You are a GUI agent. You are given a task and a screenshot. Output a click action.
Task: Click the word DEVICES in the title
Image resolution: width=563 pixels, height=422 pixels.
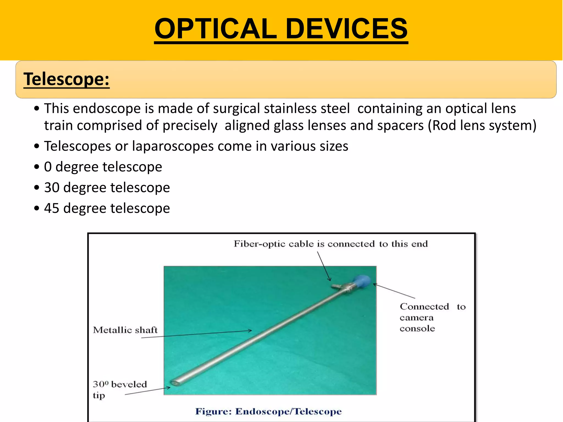(x=347, y=29)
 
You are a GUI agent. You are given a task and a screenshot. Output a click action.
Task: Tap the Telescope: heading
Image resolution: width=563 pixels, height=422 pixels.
(x=67, y=79)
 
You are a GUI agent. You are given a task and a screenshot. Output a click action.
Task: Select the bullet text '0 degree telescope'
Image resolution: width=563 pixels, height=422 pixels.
(x=103, y=167)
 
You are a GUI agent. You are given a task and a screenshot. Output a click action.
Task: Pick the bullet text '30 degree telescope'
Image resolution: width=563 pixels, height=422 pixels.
(x=107, y=188)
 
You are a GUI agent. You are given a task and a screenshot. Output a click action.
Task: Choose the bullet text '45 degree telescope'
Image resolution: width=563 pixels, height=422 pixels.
(x=107, y=208)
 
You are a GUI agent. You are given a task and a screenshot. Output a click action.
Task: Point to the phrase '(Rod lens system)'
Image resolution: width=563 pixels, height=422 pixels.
(x=482, y=126)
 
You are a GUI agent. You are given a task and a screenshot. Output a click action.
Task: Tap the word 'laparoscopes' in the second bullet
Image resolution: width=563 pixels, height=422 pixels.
(x=173, y=146)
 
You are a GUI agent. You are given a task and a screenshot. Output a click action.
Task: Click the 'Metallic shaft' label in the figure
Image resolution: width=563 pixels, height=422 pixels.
(x=125, y=330)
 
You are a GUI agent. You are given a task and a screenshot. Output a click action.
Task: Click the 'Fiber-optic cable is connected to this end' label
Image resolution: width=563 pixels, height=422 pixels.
(x=331, y=244)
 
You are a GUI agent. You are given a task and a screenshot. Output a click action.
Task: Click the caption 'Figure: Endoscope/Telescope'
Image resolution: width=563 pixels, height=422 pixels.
(x=268, y=412)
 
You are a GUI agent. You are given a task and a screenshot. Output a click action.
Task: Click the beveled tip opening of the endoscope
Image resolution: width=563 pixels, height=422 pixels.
(x=175, y=383)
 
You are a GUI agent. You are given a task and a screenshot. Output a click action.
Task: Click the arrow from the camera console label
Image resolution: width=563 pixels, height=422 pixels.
(x=394, y=291)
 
